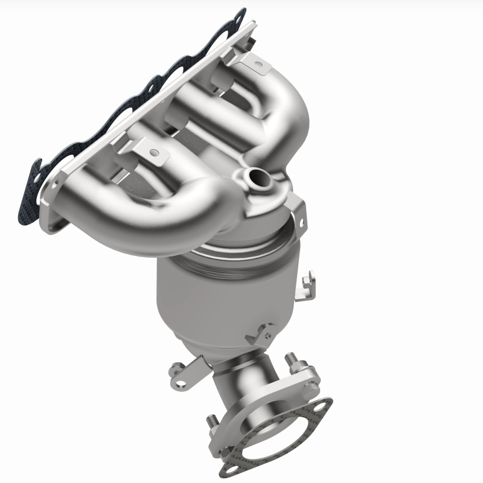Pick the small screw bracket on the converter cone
click(x=261, y=331)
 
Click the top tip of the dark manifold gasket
click(x=241, y=13)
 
